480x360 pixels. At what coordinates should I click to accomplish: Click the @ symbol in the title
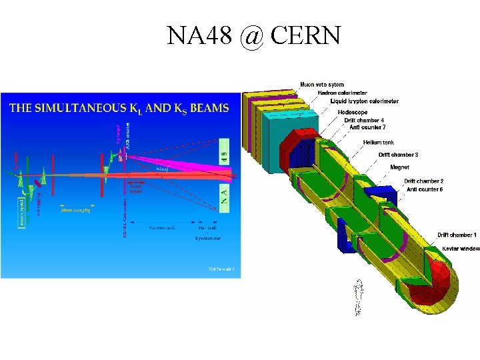click(x=251, y=35)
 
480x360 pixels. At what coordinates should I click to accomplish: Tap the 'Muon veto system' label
click(x=322, y=85)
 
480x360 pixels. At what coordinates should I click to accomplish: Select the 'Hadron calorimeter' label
click(x=342, y=93)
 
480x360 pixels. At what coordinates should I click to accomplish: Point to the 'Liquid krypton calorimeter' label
click(x=365, y=101)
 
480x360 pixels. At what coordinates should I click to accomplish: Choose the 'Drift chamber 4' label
click(x=364, y=120)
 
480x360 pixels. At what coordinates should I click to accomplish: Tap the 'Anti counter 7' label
click(x=365, y=127)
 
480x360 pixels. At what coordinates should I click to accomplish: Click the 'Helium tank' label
click(x=378, y=142)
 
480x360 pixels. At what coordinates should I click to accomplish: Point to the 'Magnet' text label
click(x=400, y=167)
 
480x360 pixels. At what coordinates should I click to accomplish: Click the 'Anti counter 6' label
click(x=425, y=189)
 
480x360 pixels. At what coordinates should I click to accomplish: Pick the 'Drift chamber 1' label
click(x=457, y=235)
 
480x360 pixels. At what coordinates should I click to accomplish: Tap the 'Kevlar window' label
click(x=461, y=249)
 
